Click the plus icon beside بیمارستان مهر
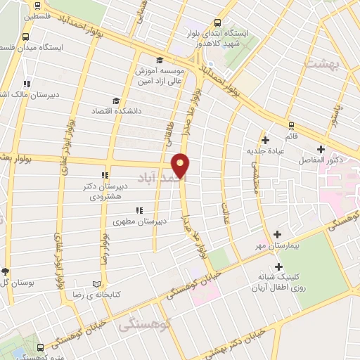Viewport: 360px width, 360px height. point(278,234)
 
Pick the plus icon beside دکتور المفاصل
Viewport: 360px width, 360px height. point(321,149)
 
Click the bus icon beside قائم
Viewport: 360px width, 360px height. point(292,125)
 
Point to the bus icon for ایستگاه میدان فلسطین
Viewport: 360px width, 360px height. point(26,37)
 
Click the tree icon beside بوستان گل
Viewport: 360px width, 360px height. point(6,271)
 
